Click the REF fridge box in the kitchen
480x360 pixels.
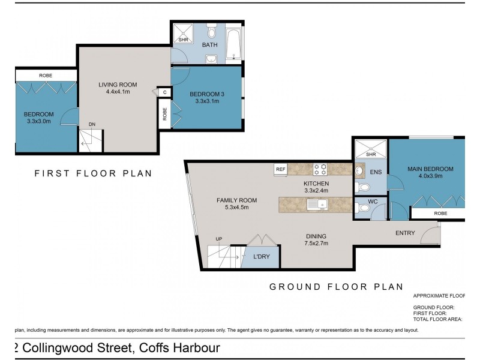pos(281,169)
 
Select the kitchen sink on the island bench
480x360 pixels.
pos(316,205)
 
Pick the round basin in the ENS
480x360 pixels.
pos(360,170)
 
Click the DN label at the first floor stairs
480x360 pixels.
pos(92,125)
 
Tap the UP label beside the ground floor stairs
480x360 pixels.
pos(219,239)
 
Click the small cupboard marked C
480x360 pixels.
pos(164,92)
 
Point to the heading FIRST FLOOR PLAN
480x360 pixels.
pos(92,173)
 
